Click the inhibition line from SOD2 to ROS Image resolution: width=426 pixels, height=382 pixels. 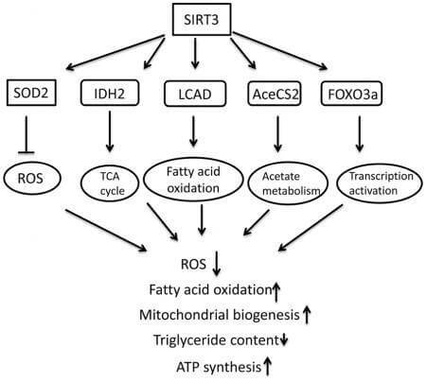27,135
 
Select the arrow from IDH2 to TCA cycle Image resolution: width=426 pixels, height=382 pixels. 110,131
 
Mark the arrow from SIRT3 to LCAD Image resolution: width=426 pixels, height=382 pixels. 195,53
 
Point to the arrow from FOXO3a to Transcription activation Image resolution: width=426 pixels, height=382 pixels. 360,133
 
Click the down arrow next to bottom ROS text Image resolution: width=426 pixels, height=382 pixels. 216,264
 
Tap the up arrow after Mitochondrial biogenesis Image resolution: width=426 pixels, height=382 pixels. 307,315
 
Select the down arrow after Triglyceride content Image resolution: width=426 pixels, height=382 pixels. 284,339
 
